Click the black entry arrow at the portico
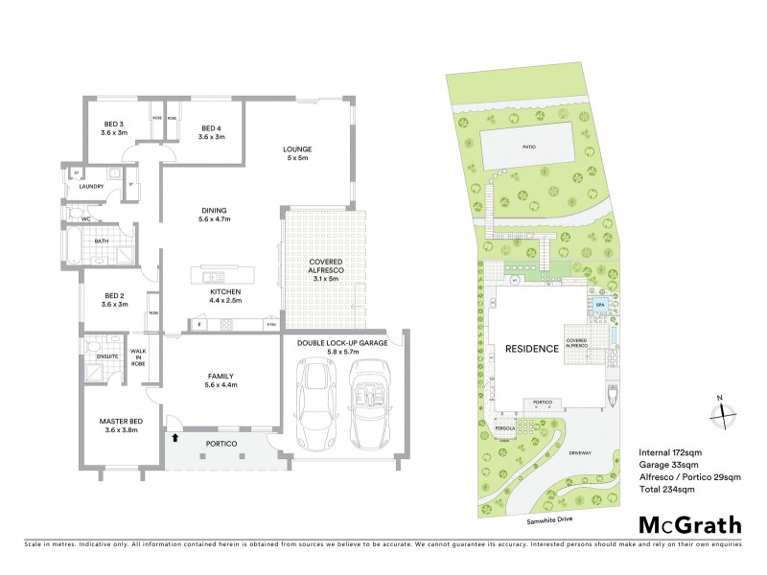pyautogui.click(x=176, y=439)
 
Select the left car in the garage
pyautogui.click(x=316, y=402)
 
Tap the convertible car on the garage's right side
pyautogui.click(x=368, y=402)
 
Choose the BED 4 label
pyautogui.click(x=211, y=132)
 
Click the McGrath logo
pyautogui.click(x=689, y=524)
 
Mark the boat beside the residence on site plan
pyautogui.click(x=612, y=392)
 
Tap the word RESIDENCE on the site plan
pyautogui.click(x=531, y=349)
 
